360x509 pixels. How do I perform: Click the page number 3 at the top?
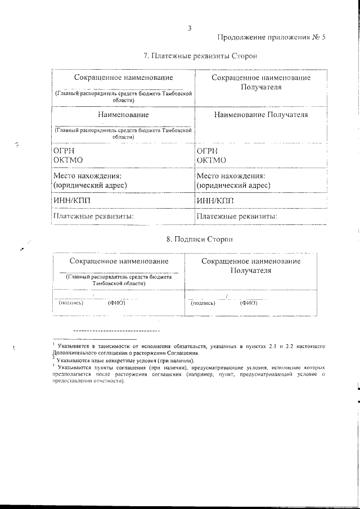(190, 28)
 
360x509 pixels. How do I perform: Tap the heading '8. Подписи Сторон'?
(191, 239)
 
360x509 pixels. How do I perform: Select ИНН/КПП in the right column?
(214, 200)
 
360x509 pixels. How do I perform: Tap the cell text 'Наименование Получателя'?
(261, 115)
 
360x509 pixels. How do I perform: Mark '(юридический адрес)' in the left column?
(89, 184)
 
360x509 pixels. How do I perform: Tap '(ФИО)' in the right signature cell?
(248, 303)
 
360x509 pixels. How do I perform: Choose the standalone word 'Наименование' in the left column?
(123, 115)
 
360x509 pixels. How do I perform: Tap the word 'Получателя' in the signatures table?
(251, 271)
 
